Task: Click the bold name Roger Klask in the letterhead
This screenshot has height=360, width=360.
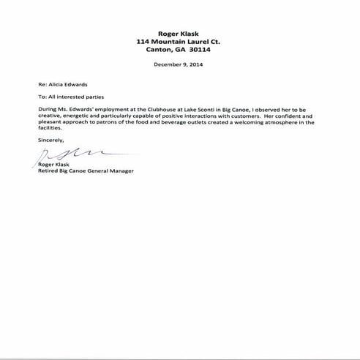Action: pyautogui.click(x=179, y=34)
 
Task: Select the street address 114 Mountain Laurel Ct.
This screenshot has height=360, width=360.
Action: pyautogui.click(x=179, y=42)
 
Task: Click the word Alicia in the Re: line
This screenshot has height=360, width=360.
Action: pyautogui.click(x=54, y=84)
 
